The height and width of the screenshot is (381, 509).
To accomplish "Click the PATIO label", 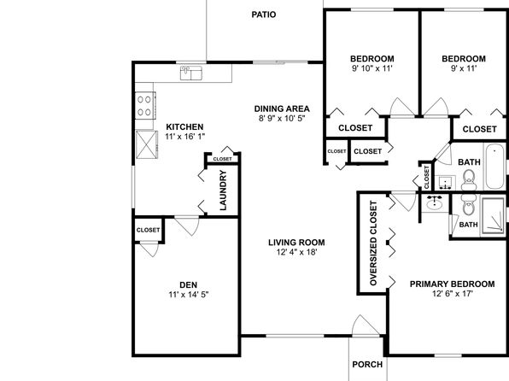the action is tap(264, 15).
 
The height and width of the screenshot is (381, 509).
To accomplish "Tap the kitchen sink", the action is tap(191, 73).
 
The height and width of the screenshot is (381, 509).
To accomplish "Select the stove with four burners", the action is tap(145, 106).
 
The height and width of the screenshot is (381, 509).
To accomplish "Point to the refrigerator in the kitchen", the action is tap(146, 144).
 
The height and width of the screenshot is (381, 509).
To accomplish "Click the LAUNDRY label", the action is tap(224, 190).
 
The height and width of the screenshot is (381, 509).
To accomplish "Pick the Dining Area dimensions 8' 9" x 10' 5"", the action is tap(282, 118).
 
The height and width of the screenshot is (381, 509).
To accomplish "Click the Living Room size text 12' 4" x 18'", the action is tap(296, 252).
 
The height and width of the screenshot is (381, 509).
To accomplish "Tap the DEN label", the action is tap(188, 284).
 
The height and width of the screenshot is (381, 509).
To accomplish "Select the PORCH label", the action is tap(367, 365).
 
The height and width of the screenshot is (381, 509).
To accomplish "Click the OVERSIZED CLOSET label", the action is tap(373, 243).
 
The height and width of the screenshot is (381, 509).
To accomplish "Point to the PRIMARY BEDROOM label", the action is tap(452, 284).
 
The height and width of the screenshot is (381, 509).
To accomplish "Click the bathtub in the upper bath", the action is tap(494, 167).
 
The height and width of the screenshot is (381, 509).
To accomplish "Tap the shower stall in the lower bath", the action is tap(493, 216).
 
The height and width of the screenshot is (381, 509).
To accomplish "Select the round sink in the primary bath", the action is tap(434, 203).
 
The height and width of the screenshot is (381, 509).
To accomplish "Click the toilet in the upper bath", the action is tap(468, 180).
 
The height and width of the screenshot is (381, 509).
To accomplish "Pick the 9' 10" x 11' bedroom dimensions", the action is tap(372, 68).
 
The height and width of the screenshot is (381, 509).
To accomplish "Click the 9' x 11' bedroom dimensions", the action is tap(464, 68).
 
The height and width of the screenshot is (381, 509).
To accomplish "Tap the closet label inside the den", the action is tap(148, 230).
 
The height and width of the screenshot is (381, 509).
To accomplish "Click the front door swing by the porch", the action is tap(365, 325).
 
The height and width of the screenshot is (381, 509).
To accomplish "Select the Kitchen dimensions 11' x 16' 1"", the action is tap(185, 137).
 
